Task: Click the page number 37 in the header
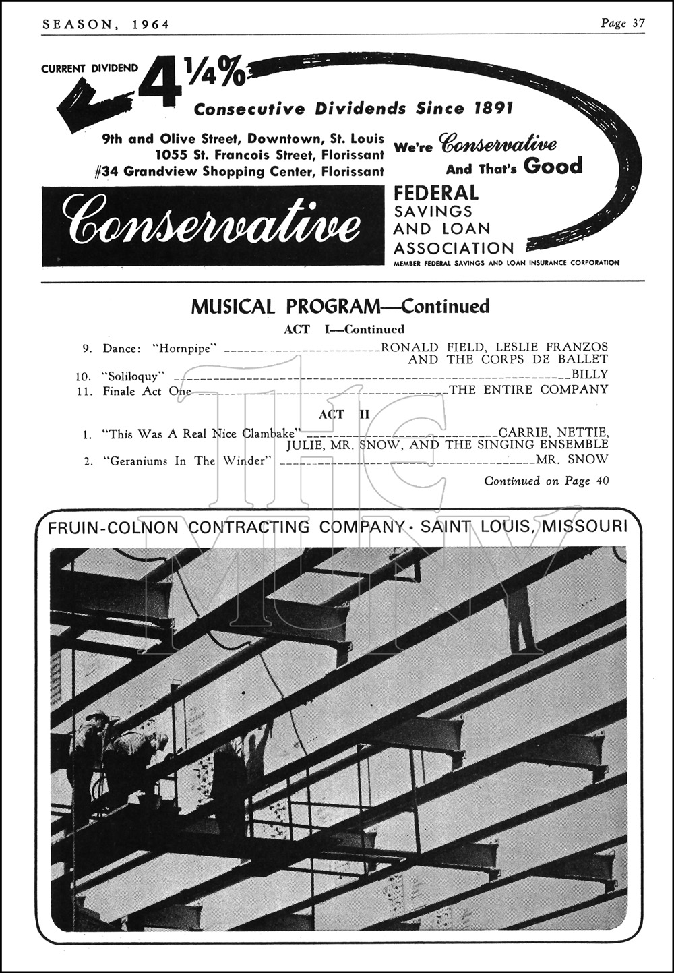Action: pos(638,24)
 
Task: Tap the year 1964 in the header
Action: pos(151,25)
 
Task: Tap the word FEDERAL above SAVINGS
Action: pos(436,194)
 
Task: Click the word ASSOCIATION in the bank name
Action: pos(454,248)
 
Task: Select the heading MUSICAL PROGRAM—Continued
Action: pos(340,307)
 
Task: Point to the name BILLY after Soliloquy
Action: pos(590,374)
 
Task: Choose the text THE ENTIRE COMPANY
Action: pos(528,390)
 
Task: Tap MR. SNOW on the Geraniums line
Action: pos(572,460)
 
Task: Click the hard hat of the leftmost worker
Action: pos(97,715)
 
